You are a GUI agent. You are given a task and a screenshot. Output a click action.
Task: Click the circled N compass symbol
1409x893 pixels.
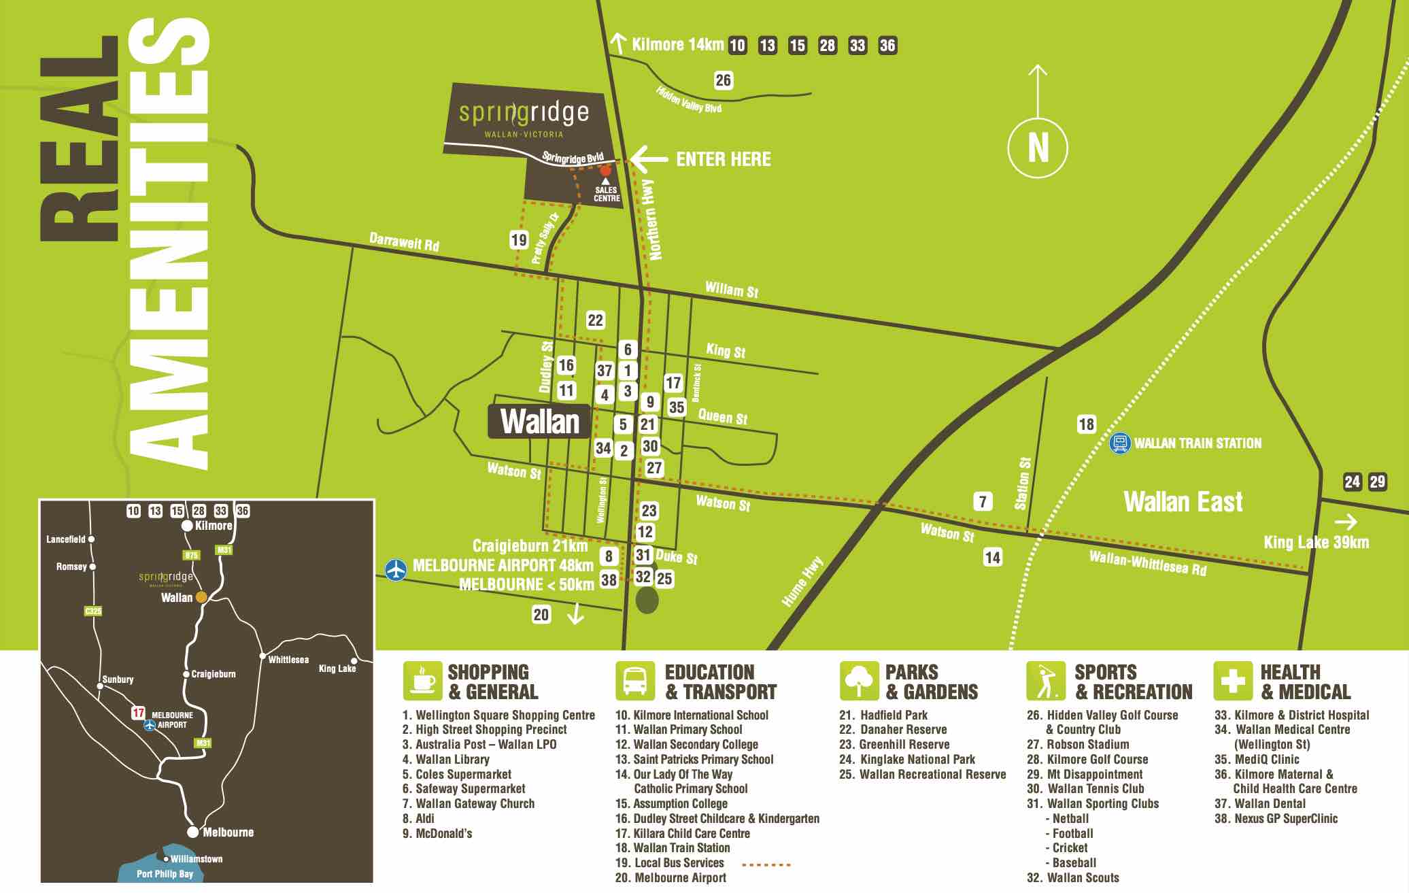click(x=1037, y=148)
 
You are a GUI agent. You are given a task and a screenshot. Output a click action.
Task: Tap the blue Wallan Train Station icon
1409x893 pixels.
click(x=1119, y=443)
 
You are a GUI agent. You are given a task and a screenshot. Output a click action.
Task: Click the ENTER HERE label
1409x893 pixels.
click(x=723, y=160)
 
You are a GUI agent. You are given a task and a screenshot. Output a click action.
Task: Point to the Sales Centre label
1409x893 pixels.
click(x=607, y=195)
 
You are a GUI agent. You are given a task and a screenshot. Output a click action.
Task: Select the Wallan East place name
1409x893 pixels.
click(x=1183, y=502)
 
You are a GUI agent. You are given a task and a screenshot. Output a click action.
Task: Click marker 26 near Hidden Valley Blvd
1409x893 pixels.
click(x=723, y=80)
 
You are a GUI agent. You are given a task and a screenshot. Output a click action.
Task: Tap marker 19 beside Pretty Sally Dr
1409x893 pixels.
click(x=519, y=239)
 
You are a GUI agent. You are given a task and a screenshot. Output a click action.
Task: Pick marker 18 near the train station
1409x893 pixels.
click(x=1086, y=424)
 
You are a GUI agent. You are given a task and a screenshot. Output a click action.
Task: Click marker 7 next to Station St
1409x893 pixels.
click(x=983, y=502)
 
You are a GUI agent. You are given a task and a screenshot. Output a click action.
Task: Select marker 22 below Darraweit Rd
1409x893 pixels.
click(x=595, y=320)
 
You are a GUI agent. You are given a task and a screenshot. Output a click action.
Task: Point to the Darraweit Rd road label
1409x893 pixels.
click(x=404, y=241)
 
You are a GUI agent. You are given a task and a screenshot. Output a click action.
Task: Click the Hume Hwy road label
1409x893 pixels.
click(x=802, y=582)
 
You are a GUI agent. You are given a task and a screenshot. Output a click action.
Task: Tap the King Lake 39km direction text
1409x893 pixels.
click(x=1316, y=542)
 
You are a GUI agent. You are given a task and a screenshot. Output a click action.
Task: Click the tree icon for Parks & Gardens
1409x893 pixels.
click(x=859, y=681)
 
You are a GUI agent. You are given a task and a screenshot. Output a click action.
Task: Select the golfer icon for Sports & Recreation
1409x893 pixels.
click(x=1046, y=681)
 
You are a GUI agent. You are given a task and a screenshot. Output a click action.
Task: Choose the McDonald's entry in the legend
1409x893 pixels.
click(x=437, y=834)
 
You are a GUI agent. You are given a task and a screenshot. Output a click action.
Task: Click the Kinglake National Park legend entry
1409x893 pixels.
click(x=908, y=760)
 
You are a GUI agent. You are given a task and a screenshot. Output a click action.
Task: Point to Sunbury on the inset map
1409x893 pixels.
click(x=117, y=679)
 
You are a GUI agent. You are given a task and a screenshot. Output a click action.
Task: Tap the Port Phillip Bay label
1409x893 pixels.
click(x=165, y=875)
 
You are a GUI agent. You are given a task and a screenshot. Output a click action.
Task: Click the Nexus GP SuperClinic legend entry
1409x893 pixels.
click(x=1276, y=819)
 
